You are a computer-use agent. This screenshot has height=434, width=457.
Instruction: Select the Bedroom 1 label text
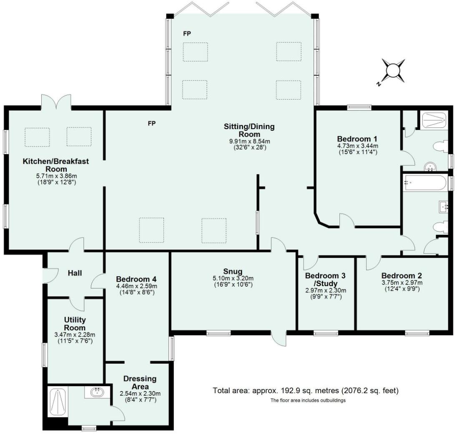pos(357,138)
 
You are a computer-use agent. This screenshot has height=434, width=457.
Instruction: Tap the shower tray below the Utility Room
pos(57,402)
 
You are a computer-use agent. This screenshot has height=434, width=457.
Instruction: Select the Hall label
pos(75,273)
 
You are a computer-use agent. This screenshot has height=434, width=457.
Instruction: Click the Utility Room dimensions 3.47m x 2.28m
pos(75,334)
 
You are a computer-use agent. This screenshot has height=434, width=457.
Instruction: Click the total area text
pos(306,391)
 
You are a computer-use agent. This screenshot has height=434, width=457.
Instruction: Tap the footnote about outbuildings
pos(308,400)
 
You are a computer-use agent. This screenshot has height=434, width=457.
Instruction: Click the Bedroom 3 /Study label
pos(325,279)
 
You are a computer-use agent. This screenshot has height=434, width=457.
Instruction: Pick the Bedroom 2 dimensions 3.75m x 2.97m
pos(402,283)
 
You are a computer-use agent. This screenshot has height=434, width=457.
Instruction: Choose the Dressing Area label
pos(140,382)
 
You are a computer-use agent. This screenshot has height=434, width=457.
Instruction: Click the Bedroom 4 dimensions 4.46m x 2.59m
pos(136,286)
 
